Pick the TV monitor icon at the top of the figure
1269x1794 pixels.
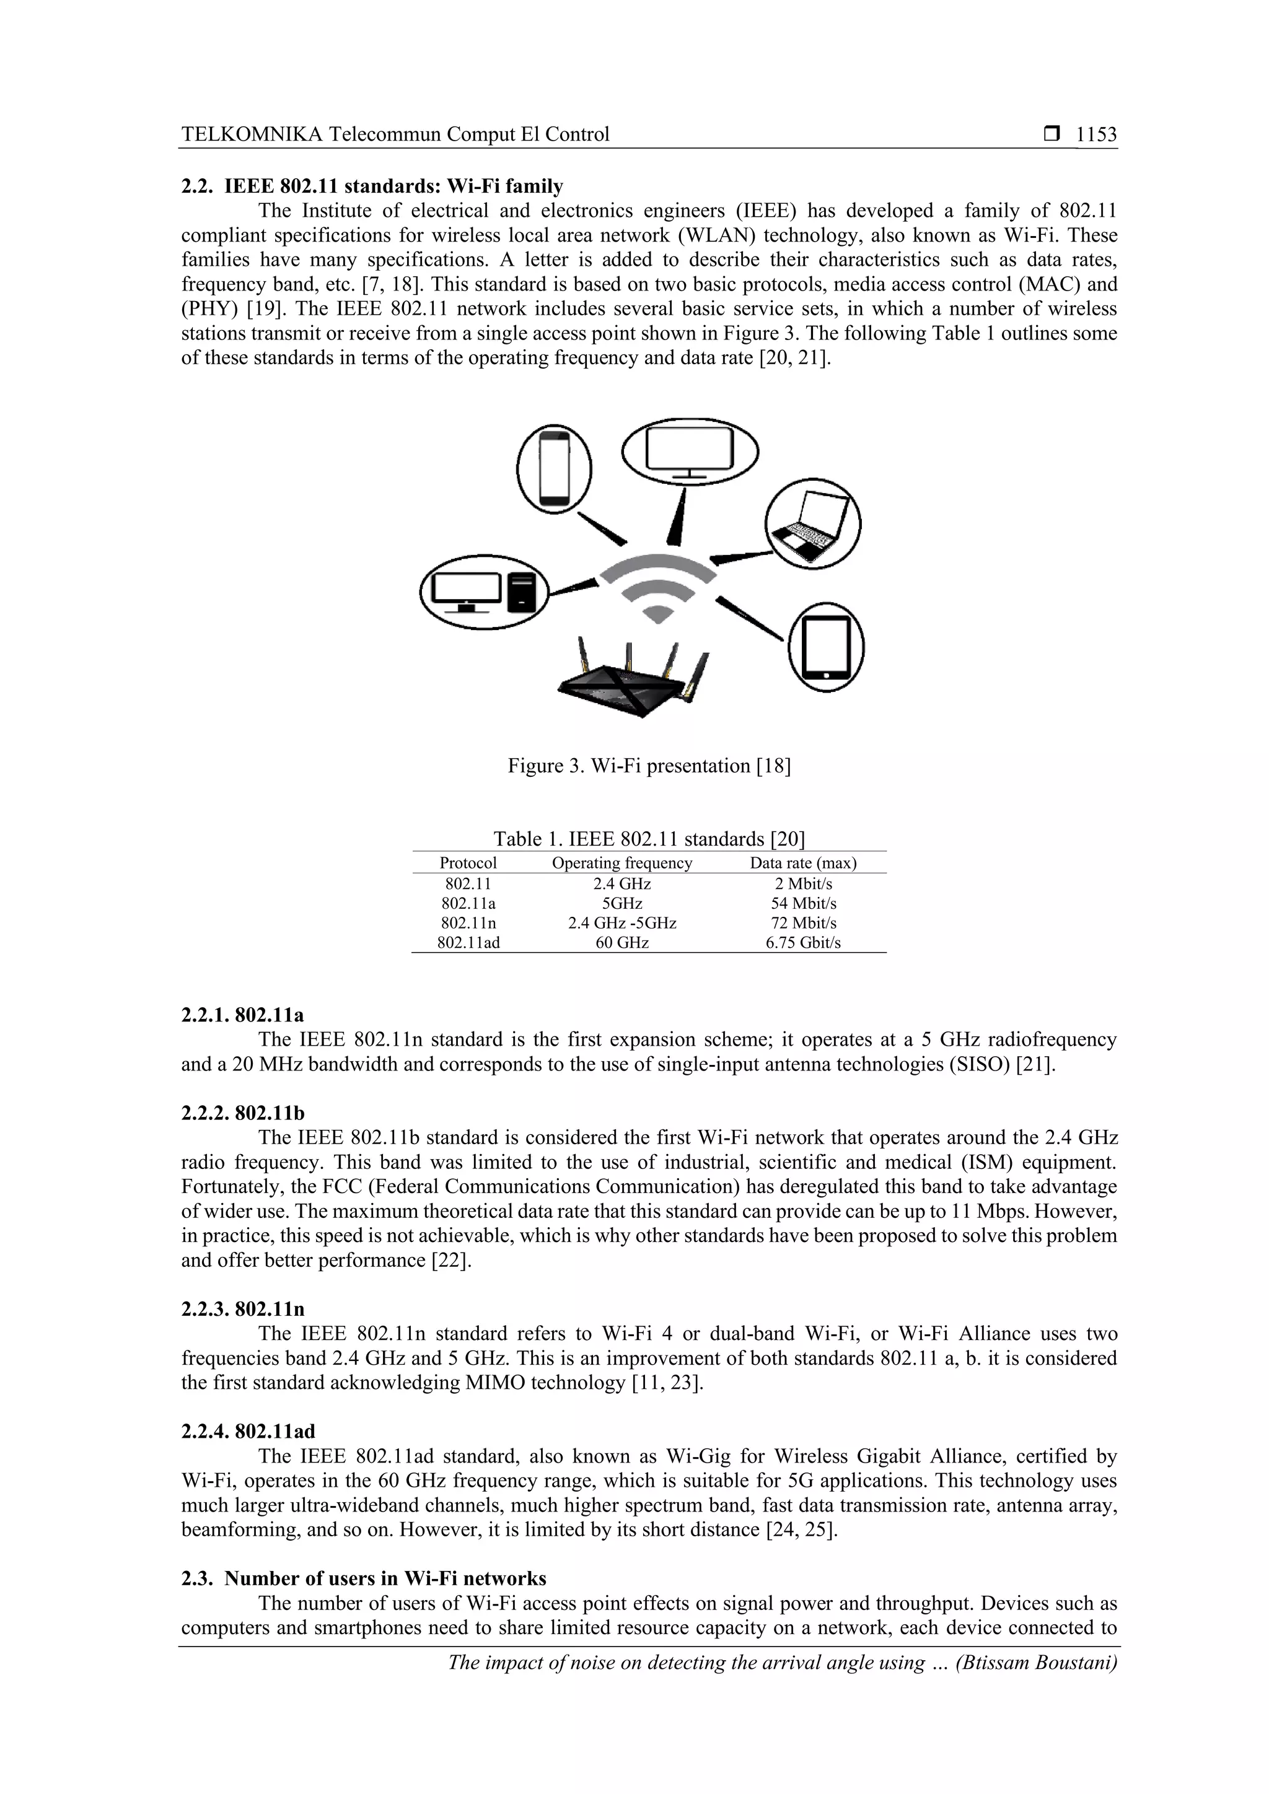[690, 452]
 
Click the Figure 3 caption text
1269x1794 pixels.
[649, 766]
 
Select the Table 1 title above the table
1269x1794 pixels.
[649, 839]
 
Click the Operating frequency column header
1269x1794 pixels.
[622, 864]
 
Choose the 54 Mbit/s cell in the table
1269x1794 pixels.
[802, 903]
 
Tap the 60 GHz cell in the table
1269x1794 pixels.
[622, 942]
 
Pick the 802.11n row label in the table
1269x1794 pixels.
[468, 923]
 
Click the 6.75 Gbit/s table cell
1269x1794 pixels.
[802, 942]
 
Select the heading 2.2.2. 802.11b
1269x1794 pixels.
[243, 1113]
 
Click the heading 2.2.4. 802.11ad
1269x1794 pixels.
[248, 1432]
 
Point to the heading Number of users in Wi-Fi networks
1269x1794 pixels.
[385, 1578]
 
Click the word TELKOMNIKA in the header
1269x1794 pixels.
[252, 134]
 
